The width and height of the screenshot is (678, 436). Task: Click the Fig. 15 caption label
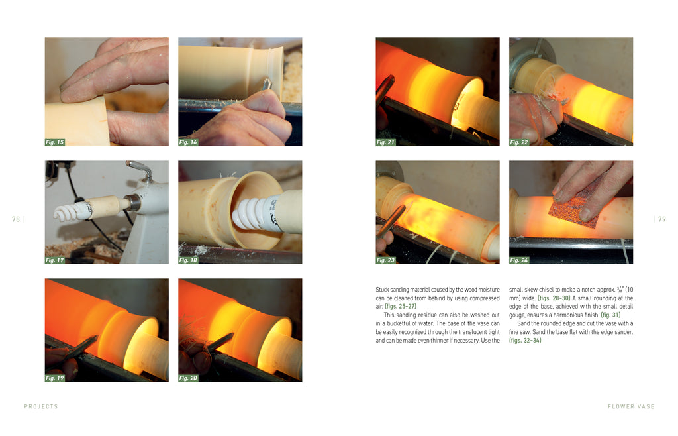55,142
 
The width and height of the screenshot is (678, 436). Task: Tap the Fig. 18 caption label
188,260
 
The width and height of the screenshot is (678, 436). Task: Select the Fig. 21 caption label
386,142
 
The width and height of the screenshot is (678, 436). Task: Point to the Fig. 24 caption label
519,260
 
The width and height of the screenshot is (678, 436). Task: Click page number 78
16,219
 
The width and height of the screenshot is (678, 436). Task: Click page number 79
662,219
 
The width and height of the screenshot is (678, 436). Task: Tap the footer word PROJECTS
41,407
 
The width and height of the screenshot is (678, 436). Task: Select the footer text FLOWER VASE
631,407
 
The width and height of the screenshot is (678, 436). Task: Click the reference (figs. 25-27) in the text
401,306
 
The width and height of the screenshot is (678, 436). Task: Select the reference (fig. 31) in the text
610,315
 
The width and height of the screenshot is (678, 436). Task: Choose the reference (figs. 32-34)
525,341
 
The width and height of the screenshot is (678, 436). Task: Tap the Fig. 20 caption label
188,378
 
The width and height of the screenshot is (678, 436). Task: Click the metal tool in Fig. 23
391,220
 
